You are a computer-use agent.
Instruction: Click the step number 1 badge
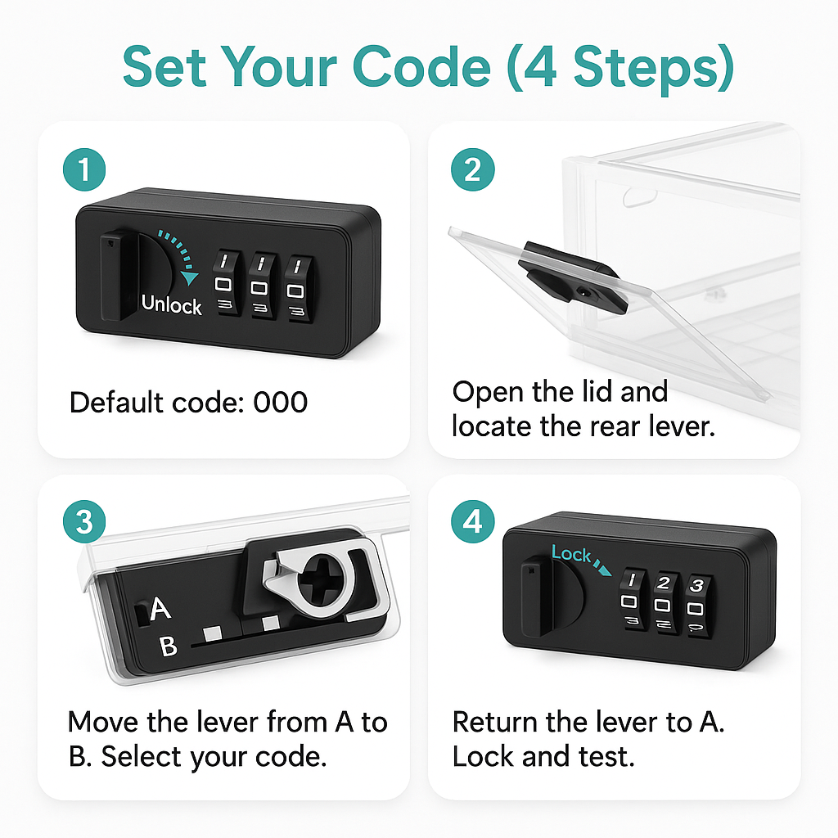(84, 169)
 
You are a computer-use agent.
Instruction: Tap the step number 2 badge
(472, 169)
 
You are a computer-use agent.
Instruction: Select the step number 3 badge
(84, 521)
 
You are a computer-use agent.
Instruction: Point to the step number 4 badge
(472, 521)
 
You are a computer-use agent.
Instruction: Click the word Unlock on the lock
(172, 304)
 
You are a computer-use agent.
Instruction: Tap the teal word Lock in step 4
(570, 554)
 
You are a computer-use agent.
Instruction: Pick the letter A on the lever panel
(160, 608)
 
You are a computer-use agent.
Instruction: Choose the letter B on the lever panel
(169, 647)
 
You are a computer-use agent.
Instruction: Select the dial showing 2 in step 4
(664, 604)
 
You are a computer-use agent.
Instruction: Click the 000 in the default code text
(281, 403)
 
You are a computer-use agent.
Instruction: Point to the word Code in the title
(421, 67)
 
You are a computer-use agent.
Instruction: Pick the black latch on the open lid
(572, 277)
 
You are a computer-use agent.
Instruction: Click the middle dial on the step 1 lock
(261, 286)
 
